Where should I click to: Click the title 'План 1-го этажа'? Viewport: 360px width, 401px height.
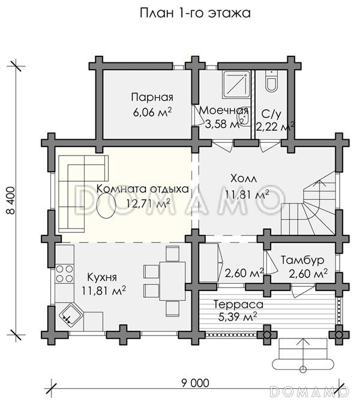tap(195, 13)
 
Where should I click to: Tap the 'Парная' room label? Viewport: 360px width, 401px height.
tap(152, 97)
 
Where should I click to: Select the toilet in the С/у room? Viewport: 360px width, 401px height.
tap(271, 81)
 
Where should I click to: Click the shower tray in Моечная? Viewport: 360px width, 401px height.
tap(236, 84)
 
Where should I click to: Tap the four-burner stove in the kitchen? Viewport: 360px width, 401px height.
tap(64, 273)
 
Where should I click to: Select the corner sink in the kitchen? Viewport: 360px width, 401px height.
tap(71, 315)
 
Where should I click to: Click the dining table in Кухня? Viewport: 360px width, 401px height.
tap(172, 281)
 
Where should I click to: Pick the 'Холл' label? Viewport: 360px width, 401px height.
tap(244, 178)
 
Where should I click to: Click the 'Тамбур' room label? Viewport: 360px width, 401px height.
tap(302, 261)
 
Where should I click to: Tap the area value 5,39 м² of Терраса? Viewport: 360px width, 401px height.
tap(238, 318)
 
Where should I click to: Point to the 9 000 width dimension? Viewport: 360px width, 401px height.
tap(195, 383)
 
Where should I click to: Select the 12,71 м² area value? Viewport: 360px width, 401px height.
tap(148, 204)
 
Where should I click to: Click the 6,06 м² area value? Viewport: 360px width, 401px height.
tap(152, 112)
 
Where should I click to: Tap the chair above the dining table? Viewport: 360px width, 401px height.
tap(172, 253)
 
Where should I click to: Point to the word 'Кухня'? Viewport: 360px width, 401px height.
tap(102, 277)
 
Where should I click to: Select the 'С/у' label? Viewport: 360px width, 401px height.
tap(271, 114)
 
